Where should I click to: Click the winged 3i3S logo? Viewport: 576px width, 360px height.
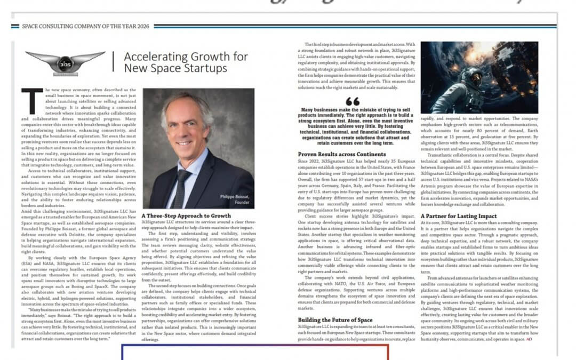point(65,62)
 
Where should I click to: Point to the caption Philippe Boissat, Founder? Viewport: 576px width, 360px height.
point(234,199)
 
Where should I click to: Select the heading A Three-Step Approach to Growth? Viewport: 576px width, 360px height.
point(187,216)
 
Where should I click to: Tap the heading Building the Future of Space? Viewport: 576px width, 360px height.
point(335,320)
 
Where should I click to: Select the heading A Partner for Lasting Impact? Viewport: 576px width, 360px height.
point(451,216)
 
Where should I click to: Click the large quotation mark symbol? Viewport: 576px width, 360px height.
point(353,101)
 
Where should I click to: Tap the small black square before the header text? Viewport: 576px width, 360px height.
point(17,25)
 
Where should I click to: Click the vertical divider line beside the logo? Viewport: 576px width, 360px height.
point(114,62)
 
